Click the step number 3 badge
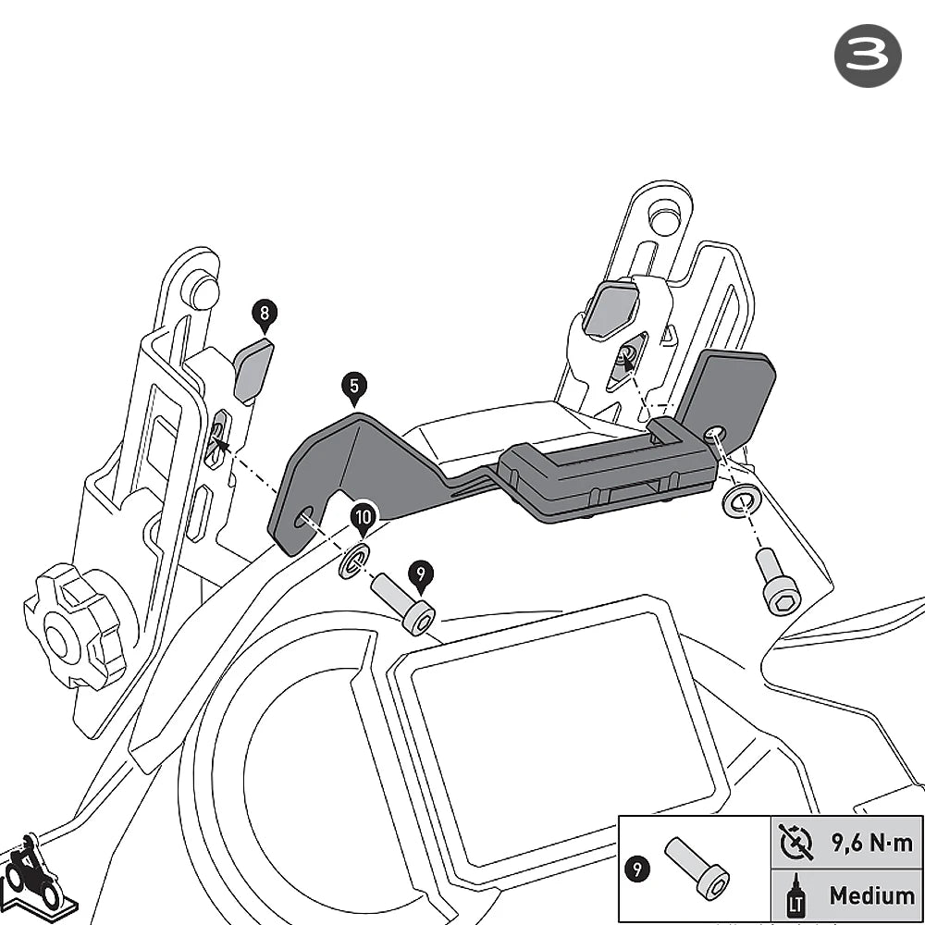coord(868,56)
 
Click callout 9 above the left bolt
coord(421,575)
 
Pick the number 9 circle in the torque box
coord(637,869)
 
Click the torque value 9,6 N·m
coord(872,843)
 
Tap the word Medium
coord(872,895)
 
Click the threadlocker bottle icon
coord(795,895)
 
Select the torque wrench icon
coord(795,843)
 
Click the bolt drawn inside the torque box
coord(697,868)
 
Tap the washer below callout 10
coord(354,561)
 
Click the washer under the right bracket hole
coord(742,500)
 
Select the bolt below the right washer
coord(778,582)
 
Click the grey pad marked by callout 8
coord(253,371)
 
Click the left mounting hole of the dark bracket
coord(304,517)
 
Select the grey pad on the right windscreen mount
coord(610,308)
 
